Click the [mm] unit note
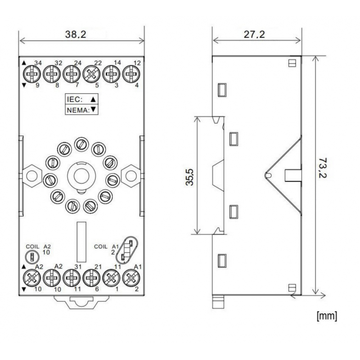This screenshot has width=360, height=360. coord(327,315)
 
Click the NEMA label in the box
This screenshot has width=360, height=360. coord(77,109)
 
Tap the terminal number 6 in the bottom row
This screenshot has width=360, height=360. coord(97,289)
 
